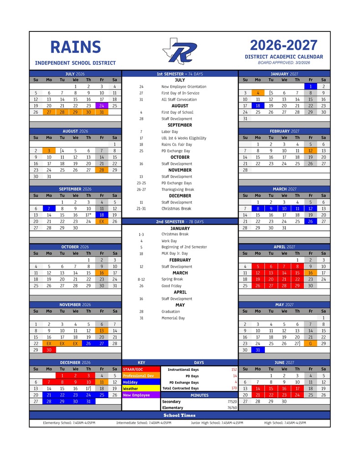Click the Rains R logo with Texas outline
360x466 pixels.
(180, 51)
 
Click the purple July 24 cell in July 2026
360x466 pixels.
(101, 106)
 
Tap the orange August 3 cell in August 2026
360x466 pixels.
(49, 151)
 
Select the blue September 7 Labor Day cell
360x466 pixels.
(49, 208)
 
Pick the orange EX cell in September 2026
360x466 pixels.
(101, 221)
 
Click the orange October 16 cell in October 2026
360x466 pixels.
(101, 273)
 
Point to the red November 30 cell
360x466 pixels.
(49, 350)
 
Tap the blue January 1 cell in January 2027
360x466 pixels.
(310, 86)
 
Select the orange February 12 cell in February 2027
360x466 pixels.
(310, 151)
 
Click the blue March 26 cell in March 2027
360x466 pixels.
(310, 221)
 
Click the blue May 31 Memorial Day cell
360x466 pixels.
(258, 350)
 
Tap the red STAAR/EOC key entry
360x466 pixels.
(141, 370)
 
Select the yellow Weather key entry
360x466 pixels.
(141, 389)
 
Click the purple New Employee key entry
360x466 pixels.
(141, 395)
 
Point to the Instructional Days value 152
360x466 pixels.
(234, 370)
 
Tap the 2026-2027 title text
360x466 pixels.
(284, 46)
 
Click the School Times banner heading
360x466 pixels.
(180, 415)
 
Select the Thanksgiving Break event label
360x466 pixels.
(177, 189)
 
